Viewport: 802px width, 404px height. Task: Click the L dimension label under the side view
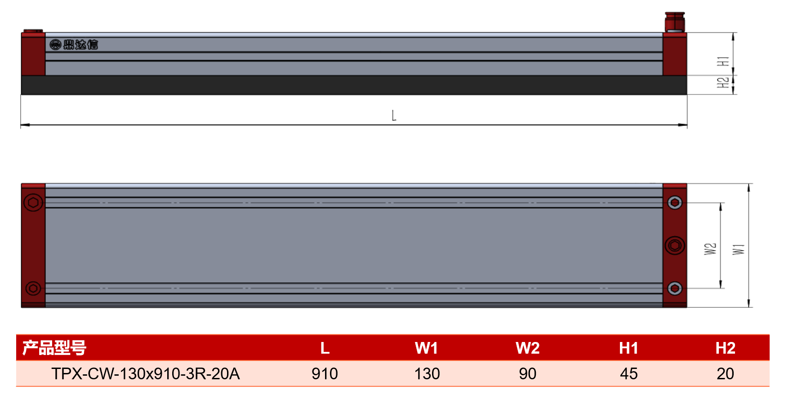tap(394, 116)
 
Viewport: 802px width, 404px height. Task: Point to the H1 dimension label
tap(723, 61)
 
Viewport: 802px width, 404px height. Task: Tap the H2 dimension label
tap(723, 83)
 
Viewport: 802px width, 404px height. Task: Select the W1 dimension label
tap(739, 249)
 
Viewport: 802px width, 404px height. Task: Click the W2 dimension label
tap(710, 249)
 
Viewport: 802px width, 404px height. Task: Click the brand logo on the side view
tap(74, 44)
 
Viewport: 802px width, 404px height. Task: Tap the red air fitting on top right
tap(675, 22)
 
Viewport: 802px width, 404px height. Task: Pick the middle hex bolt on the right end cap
tap(675, 245)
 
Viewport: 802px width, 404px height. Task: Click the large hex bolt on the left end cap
tap(33, 203)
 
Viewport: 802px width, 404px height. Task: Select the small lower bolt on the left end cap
tap(33, 288)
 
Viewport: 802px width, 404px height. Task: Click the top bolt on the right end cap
tap(675, 203)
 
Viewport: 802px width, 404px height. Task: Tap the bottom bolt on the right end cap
tap(675, 288)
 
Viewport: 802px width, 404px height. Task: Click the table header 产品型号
tap(54, 348)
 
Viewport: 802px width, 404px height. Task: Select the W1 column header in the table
tap(427, 348)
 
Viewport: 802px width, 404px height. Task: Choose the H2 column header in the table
tap(725, 348)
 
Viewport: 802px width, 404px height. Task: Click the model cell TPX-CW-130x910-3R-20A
tap(146, 373)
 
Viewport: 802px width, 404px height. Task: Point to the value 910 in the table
tap(325, 373)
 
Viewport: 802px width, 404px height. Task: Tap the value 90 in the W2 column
tap(527, 373)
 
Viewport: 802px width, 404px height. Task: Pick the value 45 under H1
tap(628, 373)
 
